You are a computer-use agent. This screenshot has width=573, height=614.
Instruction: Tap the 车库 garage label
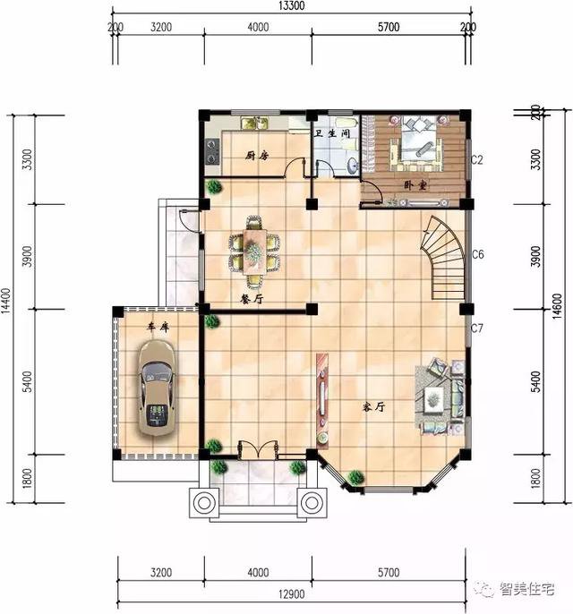click(x=158, y=328)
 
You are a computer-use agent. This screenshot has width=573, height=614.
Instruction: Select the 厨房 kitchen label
click(x=258, y=156)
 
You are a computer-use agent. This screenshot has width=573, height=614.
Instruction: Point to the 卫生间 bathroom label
click(x=330, y=133)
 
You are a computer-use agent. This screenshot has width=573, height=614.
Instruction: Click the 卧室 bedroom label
click(x=415, y=185)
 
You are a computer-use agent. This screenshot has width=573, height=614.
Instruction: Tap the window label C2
click(x=477, y=160)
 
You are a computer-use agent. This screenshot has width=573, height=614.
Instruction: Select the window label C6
click(x=477, y=255)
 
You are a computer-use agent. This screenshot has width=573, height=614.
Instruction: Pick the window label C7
click(x=477, y=328)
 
